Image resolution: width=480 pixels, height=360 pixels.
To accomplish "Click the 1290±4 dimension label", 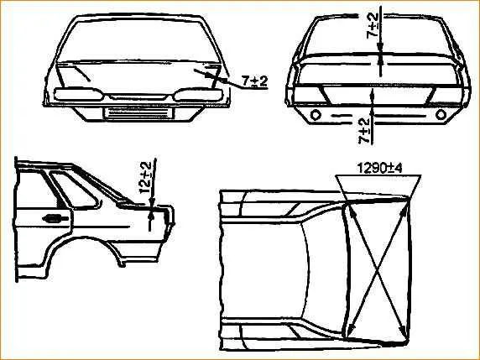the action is (x=379, y=168).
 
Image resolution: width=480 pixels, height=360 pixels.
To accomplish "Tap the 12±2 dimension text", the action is (x=145, y=178).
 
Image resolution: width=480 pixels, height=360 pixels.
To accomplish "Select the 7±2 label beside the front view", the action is (x=255, y=81).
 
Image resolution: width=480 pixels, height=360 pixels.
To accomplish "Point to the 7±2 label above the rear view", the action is (x=373, y=26).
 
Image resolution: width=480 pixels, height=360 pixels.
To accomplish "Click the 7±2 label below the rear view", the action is (x=364, y=131).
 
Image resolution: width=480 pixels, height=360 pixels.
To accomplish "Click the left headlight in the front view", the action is (x=78, y=94).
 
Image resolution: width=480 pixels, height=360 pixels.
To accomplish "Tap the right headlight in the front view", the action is (x=197, y=95).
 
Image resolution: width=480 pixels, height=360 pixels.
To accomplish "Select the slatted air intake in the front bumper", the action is (x=138, y=113).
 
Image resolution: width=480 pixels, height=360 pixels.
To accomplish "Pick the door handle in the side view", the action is (x=55, y=218).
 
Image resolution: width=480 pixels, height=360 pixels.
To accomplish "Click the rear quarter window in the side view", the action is (x=76, y=190).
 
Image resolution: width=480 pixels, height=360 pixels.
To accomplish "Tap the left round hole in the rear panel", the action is (x=316, y=115).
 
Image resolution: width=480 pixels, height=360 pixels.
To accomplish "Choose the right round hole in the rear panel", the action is (x=441, y=115).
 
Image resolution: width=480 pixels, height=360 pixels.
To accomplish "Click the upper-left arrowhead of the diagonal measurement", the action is (x=351, y=211).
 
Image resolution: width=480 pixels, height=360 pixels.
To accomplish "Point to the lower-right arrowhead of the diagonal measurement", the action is (x=404, y=333).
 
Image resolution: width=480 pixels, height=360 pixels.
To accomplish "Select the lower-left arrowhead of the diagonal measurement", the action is (x=351, y=330).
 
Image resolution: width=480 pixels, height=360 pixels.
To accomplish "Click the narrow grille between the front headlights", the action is (x=138, y=97).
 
